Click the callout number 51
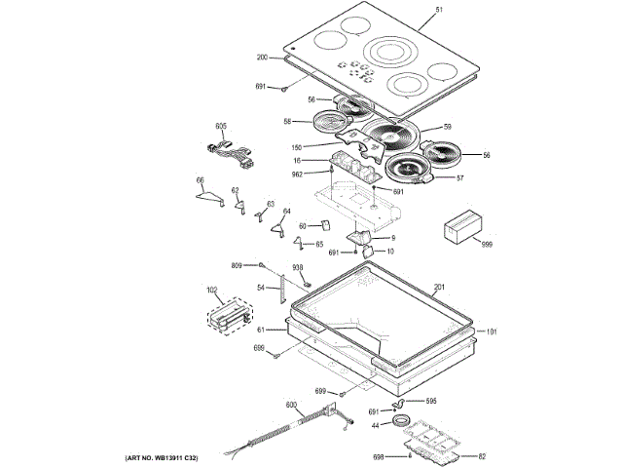pos(438,10)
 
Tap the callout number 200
pos(262,57)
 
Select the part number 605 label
pos(221,127)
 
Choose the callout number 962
pos(297,174)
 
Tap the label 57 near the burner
pos(460,178)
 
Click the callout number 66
pos(200,180)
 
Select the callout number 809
pos(237,265)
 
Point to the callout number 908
pos(298,268)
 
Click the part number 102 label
pos(210,289)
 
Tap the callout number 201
pos(438,287)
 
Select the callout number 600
pos(290,405)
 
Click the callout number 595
pos(430,401)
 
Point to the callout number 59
pos(448,127)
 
